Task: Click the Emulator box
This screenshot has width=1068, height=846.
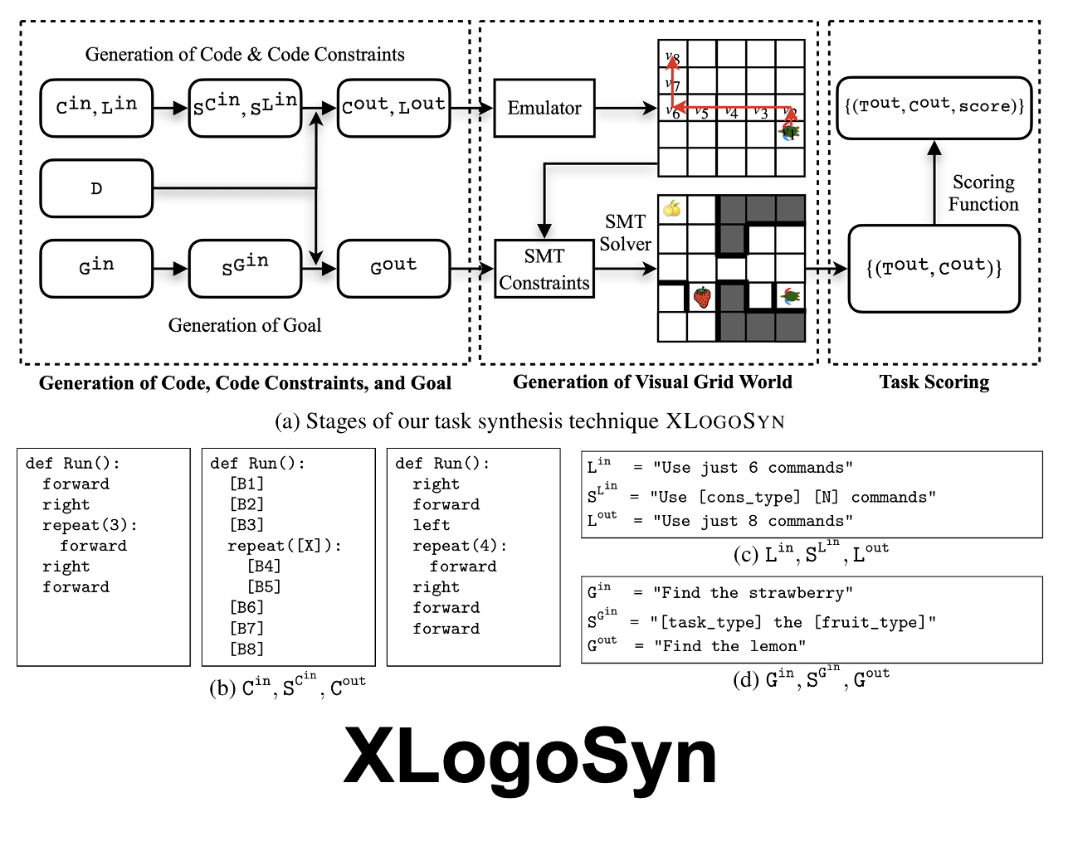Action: point(544,108)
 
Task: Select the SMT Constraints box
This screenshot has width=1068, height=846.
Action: point(544,270)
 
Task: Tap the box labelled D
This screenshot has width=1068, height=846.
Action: point(96,189)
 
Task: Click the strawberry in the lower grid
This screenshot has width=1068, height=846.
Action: point(702,297)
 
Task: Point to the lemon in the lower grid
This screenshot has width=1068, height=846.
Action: point(672,209)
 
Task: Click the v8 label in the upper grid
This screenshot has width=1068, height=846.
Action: point(672,58)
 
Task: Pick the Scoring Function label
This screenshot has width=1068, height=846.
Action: point(983,193)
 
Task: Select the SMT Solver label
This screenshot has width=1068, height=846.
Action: point(625,233)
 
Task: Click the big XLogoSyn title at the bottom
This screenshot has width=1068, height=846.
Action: point(530,757)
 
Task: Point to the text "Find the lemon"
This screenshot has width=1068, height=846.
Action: point(729,646)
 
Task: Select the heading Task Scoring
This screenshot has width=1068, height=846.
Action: point(934,382)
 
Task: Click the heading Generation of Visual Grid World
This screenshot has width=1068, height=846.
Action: point(652,382)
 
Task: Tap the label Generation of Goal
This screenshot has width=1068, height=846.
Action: point(245,325)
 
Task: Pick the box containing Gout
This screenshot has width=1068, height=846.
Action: point(393,268)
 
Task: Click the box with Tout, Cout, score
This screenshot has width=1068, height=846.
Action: point(934,107)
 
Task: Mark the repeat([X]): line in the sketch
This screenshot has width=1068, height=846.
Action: point(285,546)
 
